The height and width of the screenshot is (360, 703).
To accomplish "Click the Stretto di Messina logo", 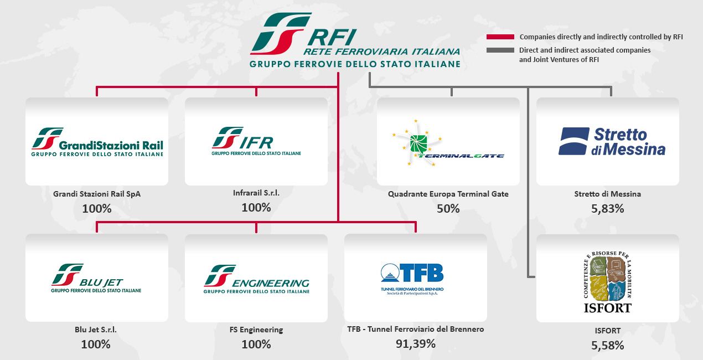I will (x=612, y=141).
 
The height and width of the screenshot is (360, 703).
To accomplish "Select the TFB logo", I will (x=412, y=277).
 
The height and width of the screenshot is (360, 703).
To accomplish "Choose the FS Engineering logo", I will (x=256, y=279).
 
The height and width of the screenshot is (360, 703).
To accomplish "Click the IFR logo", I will (x=256, y=142).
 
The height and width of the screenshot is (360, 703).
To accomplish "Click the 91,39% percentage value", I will (x=415, y=343).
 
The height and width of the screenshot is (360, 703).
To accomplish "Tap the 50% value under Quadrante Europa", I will (x=448, y=208).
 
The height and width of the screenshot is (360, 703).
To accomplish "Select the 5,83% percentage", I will (x=607, y=208).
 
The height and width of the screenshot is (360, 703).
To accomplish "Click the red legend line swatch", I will (x=500, y=37).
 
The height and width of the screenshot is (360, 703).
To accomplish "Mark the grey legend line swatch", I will (x=500, y=50).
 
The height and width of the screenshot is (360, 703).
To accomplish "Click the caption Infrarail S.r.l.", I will (x=256, y=193).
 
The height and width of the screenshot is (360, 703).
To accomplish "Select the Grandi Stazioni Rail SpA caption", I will (x=97, y=194).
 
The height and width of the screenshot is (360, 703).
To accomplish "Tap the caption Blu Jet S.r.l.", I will (x=96, y=330).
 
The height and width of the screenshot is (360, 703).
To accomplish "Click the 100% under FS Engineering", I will (x=256, y=344).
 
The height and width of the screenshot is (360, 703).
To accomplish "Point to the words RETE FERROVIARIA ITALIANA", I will (x=381, y=52).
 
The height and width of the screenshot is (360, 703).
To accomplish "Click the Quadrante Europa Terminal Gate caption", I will (x=448, y=194).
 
